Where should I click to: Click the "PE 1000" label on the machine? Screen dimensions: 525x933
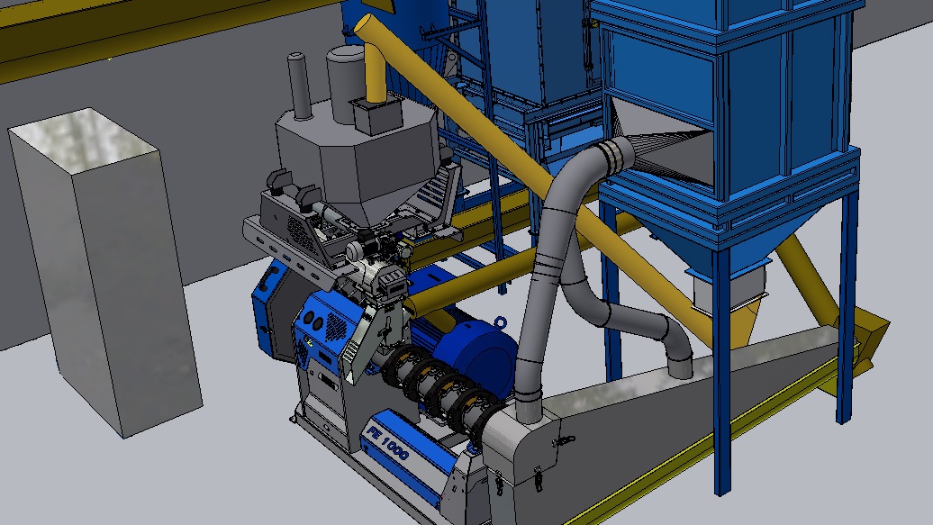pyautogui.click(x=388, y=444)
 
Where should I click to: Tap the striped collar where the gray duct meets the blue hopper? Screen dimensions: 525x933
pyautogui.click(x=614, y=156)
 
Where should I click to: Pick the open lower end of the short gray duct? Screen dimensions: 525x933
pyautogui.click(x=680, y=365)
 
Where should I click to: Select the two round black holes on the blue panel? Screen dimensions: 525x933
pyautogui.click(x=313, y=321)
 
